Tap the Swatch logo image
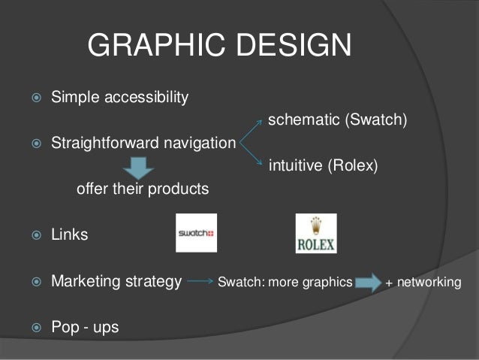coord(196,233)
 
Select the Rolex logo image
coord(315,234)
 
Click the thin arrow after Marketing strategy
coord(199,283)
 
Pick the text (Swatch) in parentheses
coord(376,121)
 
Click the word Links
coord(69,235)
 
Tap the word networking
coord(429,283)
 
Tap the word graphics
coord(325,283)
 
